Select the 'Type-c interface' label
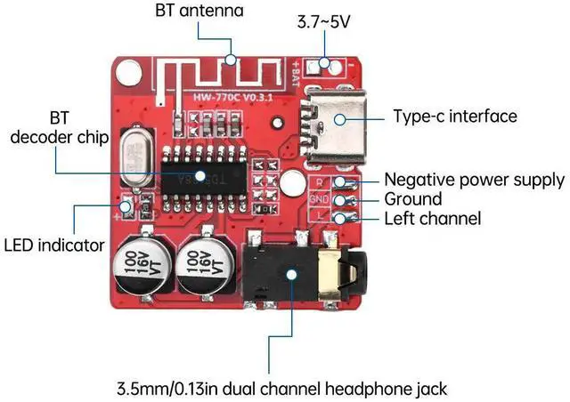point(454,117)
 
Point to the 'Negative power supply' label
point(474,179)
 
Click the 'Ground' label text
point(412,198)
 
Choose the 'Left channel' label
point(432,218)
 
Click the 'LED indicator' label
point(54,245)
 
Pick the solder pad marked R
point(322,181)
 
